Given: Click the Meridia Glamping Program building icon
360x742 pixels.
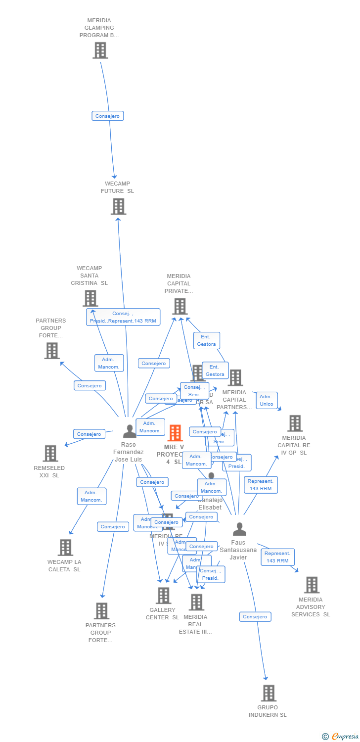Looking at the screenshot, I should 100,50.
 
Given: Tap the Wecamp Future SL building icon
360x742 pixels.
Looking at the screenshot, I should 118,206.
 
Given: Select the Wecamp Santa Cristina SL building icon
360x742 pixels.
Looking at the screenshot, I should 90,298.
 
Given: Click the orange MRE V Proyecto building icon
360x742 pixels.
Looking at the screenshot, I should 175,433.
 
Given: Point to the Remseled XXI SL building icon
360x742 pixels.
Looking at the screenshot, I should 50,453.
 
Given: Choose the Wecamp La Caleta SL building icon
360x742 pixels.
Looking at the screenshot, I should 65,547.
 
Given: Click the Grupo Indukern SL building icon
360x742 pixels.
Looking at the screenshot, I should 269,693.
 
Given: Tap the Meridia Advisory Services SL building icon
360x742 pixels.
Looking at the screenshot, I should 312,585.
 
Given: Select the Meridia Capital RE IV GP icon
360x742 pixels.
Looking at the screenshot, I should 295,423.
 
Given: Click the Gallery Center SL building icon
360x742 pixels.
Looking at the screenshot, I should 163,596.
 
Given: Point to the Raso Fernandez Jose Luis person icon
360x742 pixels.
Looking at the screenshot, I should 129,431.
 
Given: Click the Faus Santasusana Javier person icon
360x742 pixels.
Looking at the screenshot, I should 239,529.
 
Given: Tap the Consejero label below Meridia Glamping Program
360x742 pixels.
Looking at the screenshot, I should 107,116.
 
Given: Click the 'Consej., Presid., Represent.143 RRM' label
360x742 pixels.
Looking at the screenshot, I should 123,317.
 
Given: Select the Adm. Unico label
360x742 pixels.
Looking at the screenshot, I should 267,400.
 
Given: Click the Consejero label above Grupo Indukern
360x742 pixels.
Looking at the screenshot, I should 255,617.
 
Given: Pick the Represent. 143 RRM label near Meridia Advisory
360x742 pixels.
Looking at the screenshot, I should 277,557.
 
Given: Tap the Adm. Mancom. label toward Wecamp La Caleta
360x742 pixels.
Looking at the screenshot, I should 91,496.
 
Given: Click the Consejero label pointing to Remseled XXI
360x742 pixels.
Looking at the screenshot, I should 89,434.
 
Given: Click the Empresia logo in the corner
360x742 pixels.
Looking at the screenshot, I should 340,737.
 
